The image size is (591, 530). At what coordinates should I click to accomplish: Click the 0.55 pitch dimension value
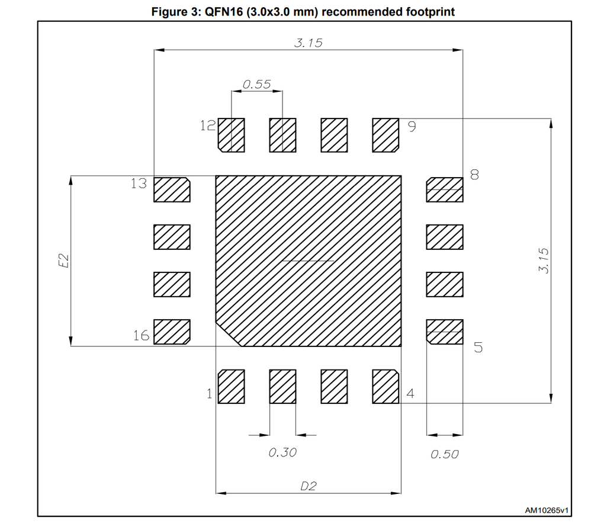point(256,84)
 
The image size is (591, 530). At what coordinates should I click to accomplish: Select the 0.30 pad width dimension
point(282,452)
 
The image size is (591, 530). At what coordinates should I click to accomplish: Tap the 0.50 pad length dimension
point(444,454)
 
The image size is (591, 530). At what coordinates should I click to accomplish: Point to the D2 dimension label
point(308,486)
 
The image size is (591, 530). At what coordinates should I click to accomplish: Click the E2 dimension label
point(64,261)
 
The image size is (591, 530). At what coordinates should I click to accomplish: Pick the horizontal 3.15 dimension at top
point(309,43)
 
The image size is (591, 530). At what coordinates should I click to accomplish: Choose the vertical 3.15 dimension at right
point(544,261)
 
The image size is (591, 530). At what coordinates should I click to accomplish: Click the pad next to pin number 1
point(231,386)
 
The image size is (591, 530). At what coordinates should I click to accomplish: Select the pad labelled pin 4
point(386,386)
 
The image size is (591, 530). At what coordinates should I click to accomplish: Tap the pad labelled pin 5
point(445,332)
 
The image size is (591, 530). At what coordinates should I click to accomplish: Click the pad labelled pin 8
point(445,189)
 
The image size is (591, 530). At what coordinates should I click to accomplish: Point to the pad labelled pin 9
point(386,136)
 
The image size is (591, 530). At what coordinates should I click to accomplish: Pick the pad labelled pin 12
point(231,136)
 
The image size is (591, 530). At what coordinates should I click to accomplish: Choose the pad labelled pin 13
point(172,189)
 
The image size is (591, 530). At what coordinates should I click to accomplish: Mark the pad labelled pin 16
point(172,332)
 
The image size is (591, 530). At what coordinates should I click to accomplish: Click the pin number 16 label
point(142,335)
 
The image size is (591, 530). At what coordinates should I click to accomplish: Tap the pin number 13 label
point(139,184)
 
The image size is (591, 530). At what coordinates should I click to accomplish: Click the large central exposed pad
point(309,261)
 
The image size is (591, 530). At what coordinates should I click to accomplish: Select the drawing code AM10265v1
point(547,510)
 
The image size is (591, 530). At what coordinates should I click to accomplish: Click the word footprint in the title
point(430,12)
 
